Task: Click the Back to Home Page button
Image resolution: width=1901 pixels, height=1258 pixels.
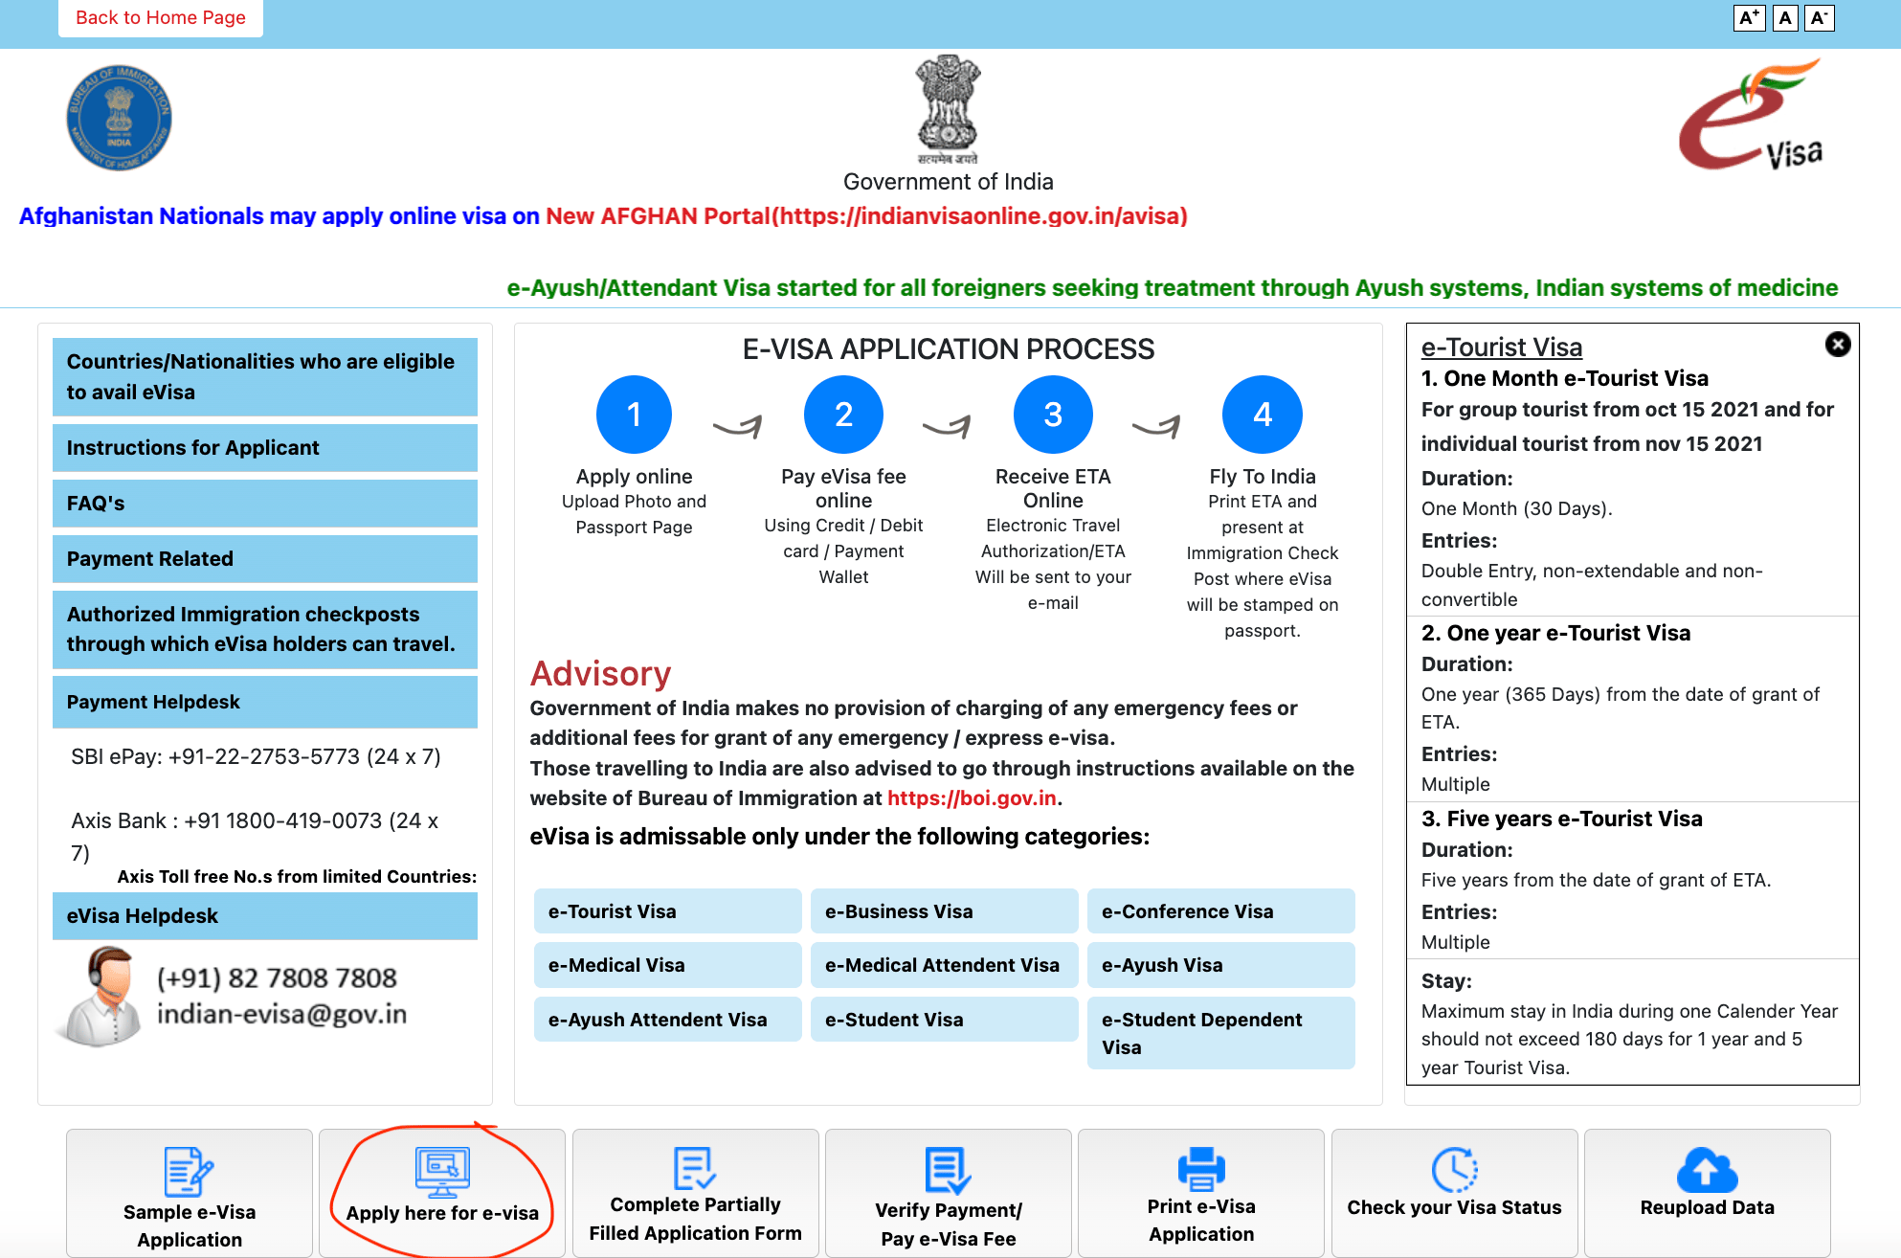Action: (161, 18)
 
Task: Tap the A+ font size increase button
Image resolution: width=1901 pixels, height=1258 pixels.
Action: (1749, 18)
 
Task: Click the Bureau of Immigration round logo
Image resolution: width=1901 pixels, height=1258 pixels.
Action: (119, 118)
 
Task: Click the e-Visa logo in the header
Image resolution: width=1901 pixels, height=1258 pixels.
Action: (1751, 116)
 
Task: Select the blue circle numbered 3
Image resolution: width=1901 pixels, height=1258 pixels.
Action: (1052, 415)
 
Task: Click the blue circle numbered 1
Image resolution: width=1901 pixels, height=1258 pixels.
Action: (634, 415)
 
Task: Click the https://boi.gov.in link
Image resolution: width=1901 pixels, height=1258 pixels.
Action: (972, 798)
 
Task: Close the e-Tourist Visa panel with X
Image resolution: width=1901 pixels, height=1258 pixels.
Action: (1837, 345)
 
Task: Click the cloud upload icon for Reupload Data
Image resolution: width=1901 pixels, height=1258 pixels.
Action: (1707, 1170)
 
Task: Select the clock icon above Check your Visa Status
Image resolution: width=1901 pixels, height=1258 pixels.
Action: (1454, 1170)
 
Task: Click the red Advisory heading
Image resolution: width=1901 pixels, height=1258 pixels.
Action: (600, 674)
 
